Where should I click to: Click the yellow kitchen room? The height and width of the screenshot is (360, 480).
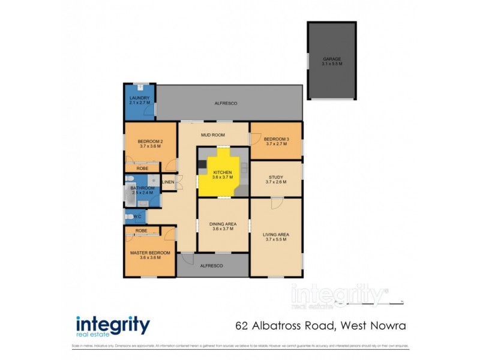click(x=223, y=174)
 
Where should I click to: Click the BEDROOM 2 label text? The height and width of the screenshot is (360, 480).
click(x=150, y=141)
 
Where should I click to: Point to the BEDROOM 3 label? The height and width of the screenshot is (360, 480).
click(x=277, y=139)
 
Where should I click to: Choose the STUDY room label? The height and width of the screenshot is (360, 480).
click(x=275, y=177)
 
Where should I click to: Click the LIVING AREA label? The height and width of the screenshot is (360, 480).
click(x=276, y=235)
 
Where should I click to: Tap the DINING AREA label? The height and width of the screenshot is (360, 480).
click(x=223, y=224)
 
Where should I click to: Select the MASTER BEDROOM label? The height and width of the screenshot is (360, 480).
click(x=150, y=253)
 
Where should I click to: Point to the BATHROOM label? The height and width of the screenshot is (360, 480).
click(x=143, y=188)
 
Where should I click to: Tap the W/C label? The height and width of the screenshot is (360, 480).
click(x=137, y=216)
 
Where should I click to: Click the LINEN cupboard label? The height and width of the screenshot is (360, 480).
click(x=168, y=182)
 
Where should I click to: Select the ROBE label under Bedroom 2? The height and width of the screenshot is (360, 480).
click(x=142, y=169)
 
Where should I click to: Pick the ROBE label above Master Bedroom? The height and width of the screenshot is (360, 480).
click(x=142, y=230)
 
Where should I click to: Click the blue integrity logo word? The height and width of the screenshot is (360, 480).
click(x=112, y=325)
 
